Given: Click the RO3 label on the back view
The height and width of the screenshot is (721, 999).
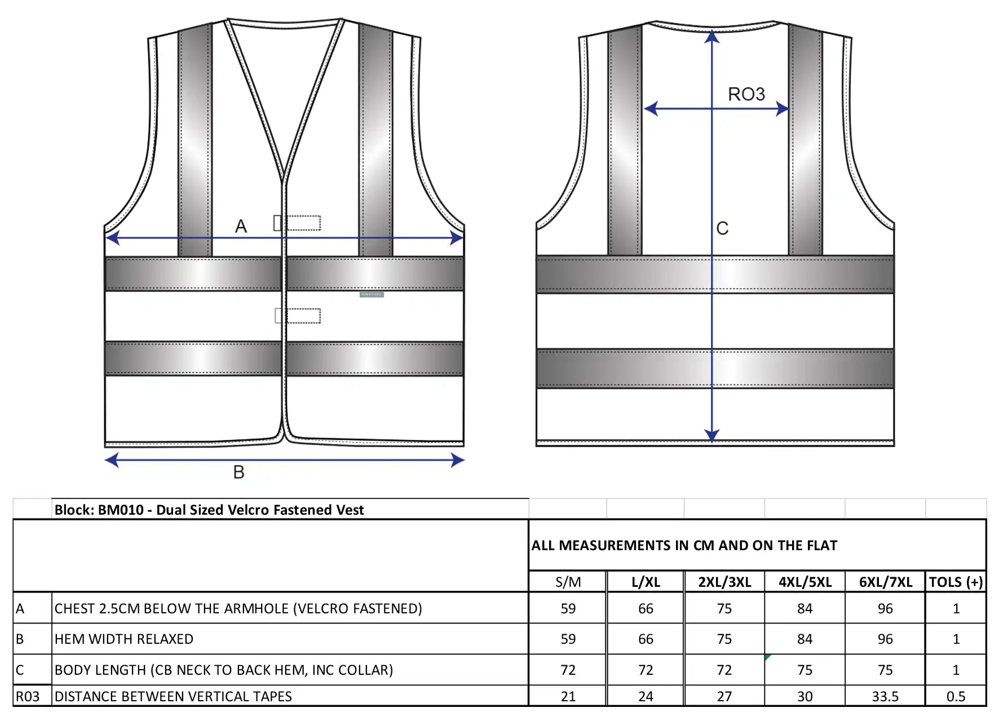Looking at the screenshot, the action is coord(746,94).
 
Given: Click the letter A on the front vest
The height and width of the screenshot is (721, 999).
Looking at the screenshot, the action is coord(241,226).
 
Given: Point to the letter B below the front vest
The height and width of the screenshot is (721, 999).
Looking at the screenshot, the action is coord(239,472).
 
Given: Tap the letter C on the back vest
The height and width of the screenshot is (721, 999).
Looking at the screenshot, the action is coord(722,228).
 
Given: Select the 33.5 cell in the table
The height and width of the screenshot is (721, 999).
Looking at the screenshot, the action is coord(885,697).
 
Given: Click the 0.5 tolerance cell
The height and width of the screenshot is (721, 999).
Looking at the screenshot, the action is coord(956,697).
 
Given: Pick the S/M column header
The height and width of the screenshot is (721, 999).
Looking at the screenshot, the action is coord(568,582).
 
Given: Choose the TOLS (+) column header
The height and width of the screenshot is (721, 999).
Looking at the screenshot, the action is coord(956,582).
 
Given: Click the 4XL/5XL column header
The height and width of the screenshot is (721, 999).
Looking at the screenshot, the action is coord(805,582).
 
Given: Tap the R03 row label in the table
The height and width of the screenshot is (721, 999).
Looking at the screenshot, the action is coord(28,697).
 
